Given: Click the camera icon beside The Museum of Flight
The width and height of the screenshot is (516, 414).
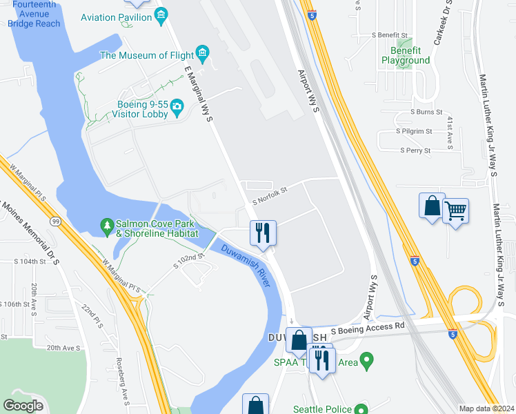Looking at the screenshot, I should click(x=202, y=52).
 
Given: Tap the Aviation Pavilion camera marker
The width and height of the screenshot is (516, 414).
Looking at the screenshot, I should click(x=161, y=14).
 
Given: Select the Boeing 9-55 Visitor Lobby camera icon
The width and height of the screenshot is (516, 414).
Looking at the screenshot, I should click(x=177, y=106).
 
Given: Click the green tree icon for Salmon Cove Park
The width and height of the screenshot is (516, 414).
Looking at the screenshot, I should click(x=107, y=225).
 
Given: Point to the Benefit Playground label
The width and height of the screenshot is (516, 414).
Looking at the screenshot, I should click(x=406, y=55).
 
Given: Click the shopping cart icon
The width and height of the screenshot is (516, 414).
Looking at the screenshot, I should click(x=455, y=210).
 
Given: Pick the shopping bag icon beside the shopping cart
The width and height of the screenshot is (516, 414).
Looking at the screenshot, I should click(x=432, y=206).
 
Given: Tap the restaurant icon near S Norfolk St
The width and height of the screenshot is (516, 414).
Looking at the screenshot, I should click(x=263, y=233).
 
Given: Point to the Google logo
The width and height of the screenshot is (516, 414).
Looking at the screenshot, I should click(x=23, y=406).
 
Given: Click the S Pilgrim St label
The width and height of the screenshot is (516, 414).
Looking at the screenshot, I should click(x=413, y=130).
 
